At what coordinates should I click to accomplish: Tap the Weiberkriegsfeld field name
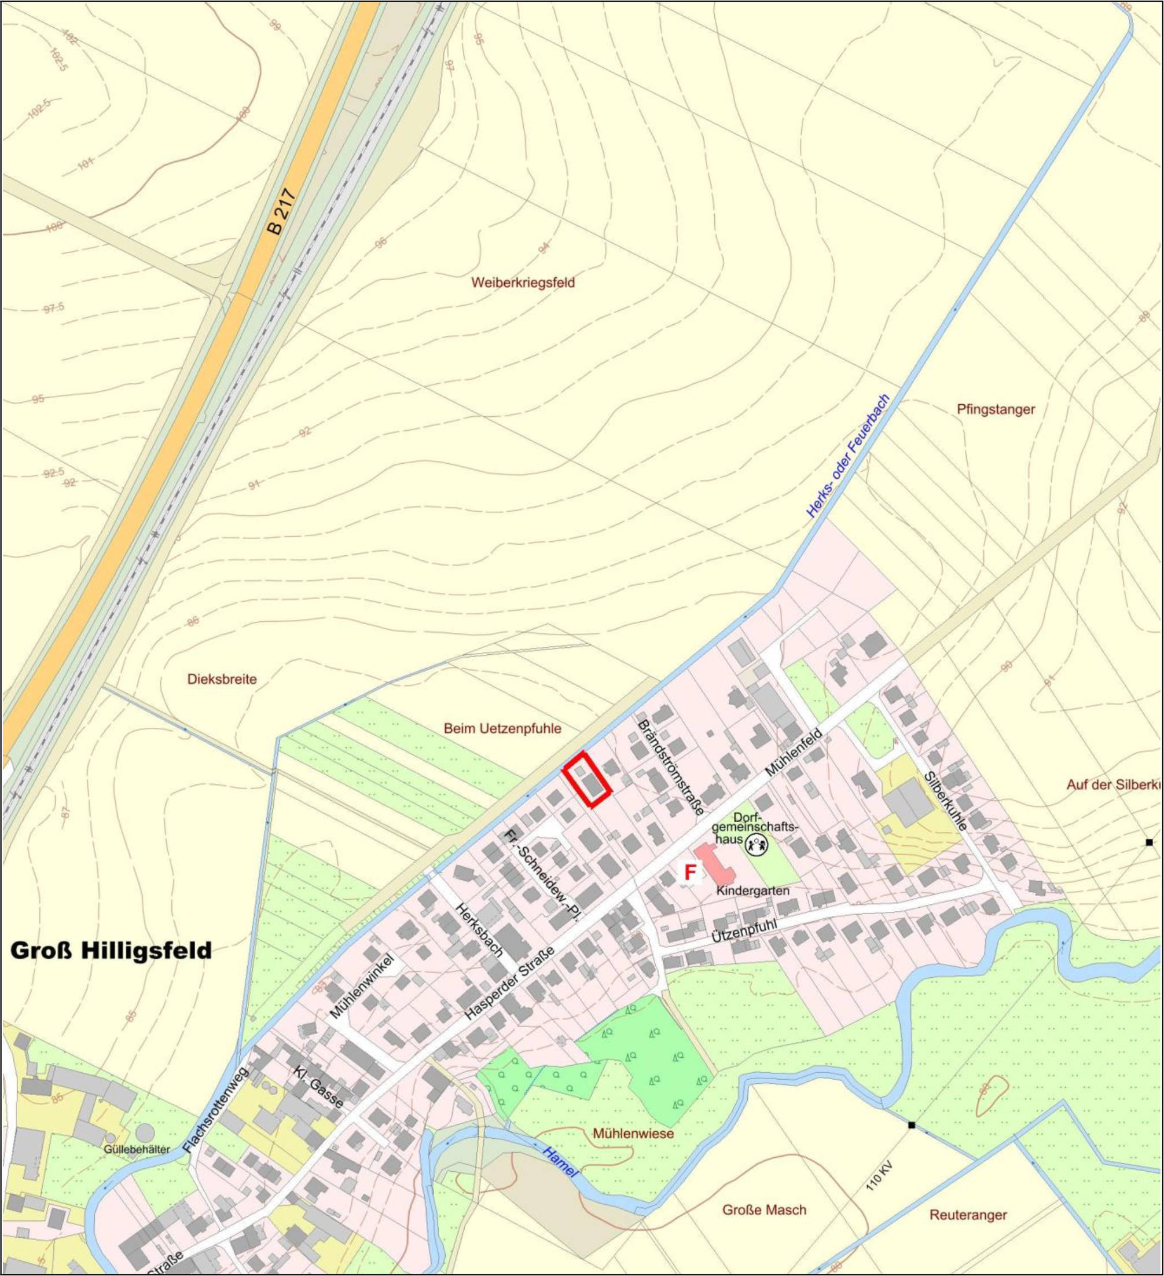tap(523, 283)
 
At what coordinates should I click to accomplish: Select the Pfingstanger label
tap(996, 409)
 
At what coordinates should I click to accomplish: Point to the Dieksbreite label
tap(222, 680)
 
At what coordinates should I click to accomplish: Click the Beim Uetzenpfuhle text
tap(502, 728)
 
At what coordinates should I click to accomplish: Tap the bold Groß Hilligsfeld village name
tap(111, 951)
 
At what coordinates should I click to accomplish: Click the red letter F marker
tap(690, 873)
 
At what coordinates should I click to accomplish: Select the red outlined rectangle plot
tap(587, 780)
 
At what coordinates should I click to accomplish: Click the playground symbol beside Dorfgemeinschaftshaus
tap(757, 843)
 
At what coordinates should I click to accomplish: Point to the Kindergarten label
tap(752, 890)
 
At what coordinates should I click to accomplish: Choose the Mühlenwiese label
tap(633, 1133)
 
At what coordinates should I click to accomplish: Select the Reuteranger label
tap(968, 1215)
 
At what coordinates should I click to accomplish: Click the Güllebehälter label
tap(137, 1148)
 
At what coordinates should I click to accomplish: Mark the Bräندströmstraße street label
tap(671, 767)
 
